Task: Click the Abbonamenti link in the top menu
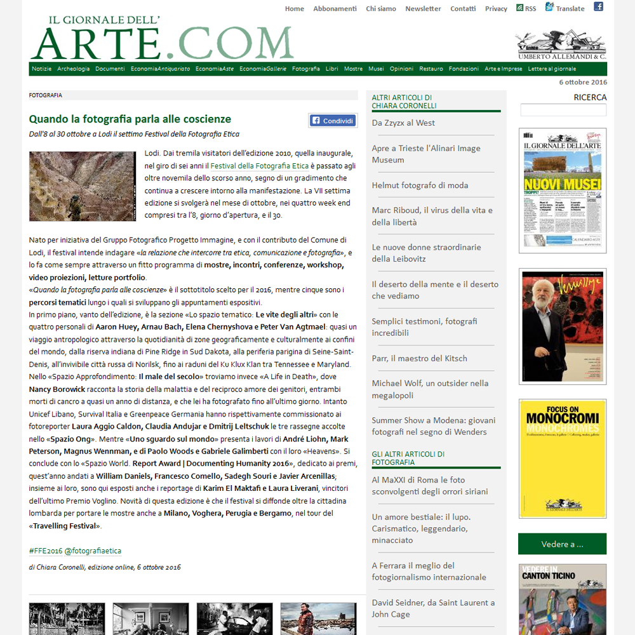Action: click(x=335, y=9)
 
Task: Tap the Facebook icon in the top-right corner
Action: click(x=598, y=7)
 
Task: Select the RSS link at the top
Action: click(x=526, y=8)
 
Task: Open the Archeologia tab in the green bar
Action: click(x=74, y=69)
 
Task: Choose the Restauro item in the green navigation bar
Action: click(x=431, y=69)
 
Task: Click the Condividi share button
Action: click(x=333, y=121)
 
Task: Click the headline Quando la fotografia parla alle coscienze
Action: click(x=130, y=119)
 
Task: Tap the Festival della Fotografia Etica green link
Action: click(x=260, y=166)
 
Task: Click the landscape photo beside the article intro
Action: click(x=83, y=186)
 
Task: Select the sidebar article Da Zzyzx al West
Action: click(x=403, y=123)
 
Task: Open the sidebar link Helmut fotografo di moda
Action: click(x=420, y=185)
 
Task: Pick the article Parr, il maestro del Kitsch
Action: click(x=419, y=358)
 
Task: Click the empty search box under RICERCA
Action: click(x=563, y=110)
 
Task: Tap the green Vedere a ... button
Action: click(x=562, y=544)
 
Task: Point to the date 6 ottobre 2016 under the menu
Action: click(x=583, y=82)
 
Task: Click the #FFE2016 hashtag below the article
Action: click(x=44, y=551)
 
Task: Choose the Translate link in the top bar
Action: click(x=565, y=8)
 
